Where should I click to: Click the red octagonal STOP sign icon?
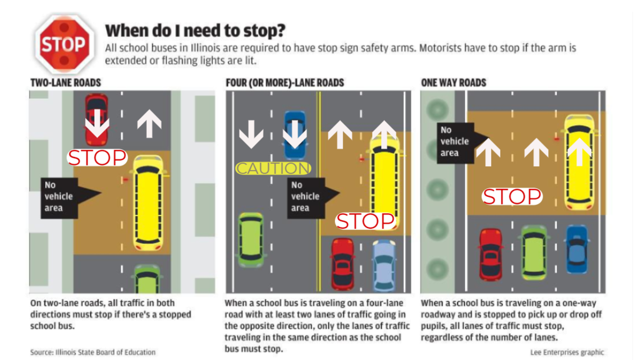(62, 44)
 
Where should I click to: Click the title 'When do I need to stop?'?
(196, 31)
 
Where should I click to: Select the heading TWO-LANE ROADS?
(66, 82)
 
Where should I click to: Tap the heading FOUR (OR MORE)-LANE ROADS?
(285, 82)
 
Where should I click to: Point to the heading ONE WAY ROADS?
(454, 82)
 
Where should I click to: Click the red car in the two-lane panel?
(97, 119)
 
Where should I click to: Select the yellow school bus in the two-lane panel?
(150, 202)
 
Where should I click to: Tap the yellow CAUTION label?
(273, 168)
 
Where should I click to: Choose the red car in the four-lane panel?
(342, 263)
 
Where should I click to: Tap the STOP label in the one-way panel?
(512, 197)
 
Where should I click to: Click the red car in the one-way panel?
(491, 253)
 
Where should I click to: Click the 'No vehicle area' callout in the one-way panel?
(454, 142)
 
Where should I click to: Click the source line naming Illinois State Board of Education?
(93, 352)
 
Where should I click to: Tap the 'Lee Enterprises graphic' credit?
(567, 352)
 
